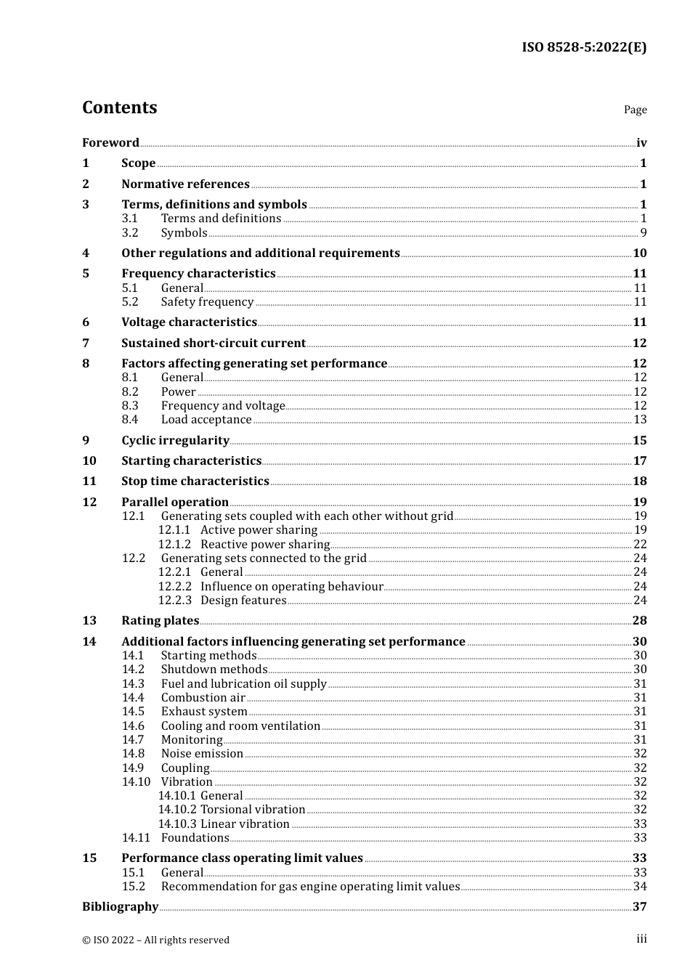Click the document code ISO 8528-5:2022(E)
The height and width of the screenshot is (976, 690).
click(x=583, y=47)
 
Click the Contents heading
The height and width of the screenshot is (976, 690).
click(x=119, y=107)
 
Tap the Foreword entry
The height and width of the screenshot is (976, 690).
click(x=110, y=143)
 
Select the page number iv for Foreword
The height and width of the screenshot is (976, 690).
click(x=641, y=143)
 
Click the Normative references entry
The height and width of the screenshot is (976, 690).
click(x=185, y=184)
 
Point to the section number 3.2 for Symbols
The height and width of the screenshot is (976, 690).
click(x=130, y=233)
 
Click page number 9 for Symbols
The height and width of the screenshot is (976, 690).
click(x=644, y=233)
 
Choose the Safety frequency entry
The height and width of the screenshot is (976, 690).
click(x=207, y=302)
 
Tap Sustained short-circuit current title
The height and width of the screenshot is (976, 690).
click(x=214, y=343)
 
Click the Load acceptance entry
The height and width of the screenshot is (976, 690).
click(x=206, y=420)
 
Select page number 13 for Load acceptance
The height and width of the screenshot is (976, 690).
click(x=640, y=420)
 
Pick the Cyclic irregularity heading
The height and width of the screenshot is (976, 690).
click(x=175, y=441)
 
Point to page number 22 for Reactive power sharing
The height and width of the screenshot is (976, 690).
click(x=640, y=545)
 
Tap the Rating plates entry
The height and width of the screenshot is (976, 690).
click(x=160, y=621)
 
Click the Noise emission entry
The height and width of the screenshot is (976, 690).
click(x=202, y=754)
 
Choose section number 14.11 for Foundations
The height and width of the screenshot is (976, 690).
click(x=136, y=838)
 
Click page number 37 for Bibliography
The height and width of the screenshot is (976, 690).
click(x=639, y=907)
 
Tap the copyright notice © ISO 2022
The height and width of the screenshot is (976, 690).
click(x=155, y=940)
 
